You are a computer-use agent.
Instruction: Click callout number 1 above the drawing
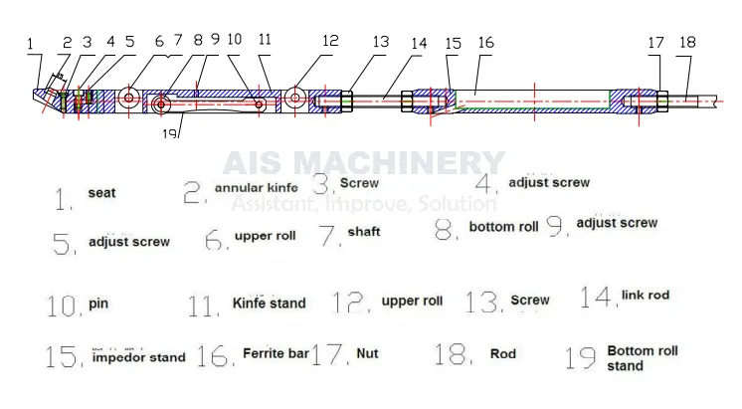[31, 44]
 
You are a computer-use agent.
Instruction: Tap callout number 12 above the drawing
[330, 41]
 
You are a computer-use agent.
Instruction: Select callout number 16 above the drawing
[484, 44]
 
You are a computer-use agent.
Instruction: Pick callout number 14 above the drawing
[418, 44]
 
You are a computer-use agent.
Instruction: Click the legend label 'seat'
[100, 194]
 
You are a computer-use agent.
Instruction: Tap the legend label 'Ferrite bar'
[276, 353]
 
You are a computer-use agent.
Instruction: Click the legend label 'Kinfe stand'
[269, 303]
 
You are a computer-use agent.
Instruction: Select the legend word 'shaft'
[364, 232]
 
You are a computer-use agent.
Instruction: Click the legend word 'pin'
[97, 303]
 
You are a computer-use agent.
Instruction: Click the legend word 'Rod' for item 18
[502, 353]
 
